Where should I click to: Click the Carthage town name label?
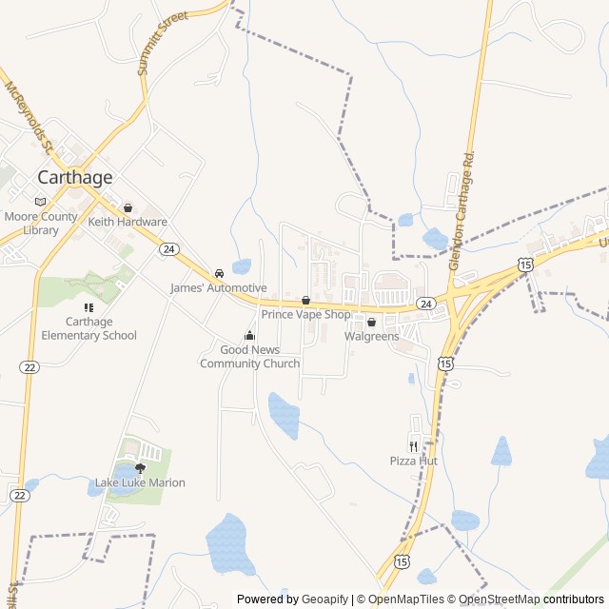[x=74, y=177]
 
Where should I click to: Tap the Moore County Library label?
[x=40, y=224]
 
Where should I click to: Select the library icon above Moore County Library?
[x=40, y=201]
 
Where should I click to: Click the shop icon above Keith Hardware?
[x=128, y=207]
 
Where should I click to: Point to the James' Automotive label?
[x=218, y=287]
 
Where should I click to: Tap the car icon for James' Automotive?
[x=219, y=273]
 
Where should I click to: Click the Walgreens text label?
[x=371, y=336]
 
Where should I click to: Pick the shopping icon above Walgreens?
[x=371, y=323]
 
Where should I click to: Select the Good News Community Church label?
[x=249, y=356]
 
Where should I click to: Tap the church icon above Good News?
[x=249, y=335]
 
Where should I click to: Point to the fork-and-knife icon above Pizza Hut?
[x=413, y=445]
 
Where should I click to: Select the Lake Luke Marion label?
[x=140, y=482]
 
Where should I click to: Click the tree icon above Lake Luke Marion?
[x=141, y=467]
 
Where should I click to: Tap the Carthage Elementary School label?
[x=88, y=328]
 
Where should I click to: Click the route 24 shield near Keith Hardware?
[x=168, y=248]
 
